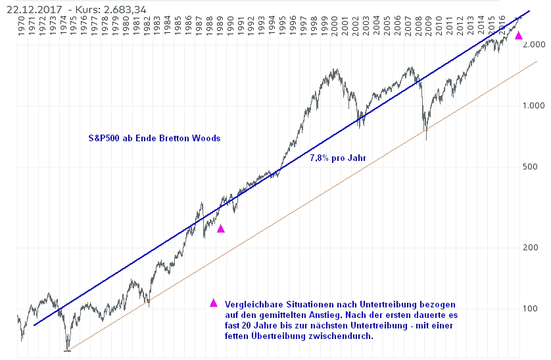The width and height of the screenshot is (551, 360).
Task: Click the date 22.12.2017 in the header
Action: tap(27, 8)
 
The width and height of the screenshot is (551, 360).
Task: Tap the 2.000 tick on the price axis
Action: tap(535, 45)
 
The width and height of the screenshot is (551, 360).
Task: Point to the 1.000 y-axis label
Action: tap(535, 106)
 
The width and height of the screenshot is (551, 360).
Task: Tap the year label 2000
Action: tap(336, 26)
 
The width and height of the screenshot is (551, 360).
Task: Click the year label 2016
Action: tap(504, 26)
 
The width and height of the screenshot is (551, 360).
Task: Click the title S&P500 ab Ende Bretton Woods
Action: tap(155, 139)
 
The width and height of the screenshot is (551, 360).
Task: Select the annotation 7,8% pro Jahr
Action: tap(337, 158)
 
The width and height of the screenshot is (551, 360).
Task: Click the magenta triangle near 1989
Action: tap(221, 229)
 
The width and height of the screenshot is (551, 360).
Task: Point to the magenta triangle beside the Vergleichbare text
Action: tap(213, 303)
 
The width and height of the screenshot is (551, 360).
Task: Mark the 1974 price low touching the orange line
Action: tap(67, 349)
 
